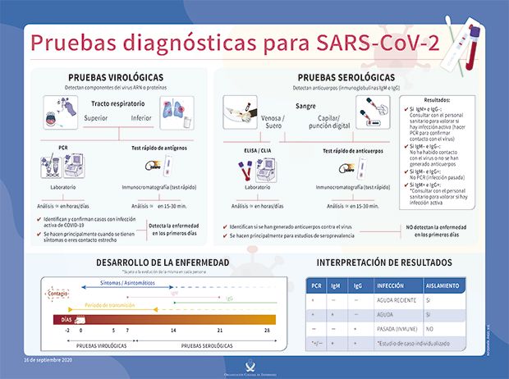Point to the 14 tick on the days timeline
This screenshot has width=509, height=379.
coord(173,330)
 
